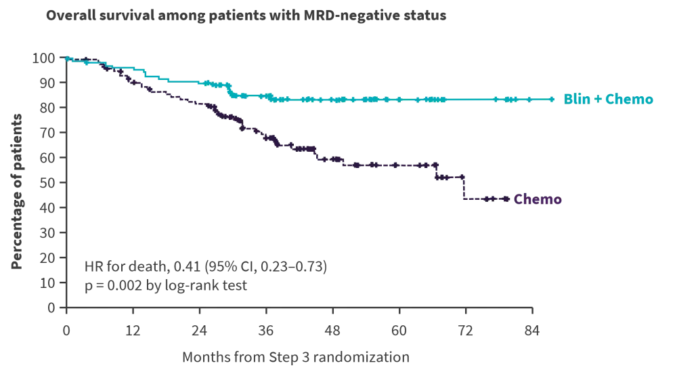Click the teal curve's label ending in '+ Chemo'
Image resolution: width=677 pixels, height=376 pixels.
609,100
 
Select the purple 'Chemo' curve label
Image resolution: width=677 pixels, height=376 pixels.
538,200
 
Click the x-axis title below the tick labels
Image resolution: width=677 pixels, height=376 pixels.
295,354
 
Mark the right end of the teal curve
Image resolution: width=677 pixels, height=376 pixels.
554,100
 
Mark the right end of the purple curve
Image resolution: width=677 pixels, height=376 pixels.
509,199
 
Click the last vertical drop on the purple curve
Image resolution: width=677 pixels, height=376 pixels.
464,187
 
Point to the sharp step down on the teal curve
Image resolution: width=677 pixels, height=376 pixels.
231,91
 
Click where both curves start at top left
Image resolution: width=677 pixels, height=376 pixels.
68,59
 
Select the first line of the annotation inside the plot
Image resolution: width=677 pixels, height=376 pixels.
205,269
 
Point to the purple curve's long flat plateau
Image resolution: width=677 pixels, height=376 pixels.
389,165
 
